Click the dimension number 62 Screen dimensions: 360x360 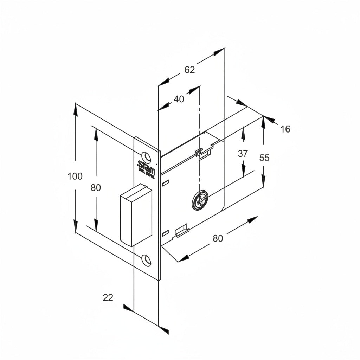point(189,70)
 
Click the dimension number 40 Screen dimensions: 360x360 point(179,99)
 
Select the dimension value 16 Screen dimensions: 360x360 point(285,129)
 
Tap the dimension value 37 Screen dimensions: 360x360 point(243,154)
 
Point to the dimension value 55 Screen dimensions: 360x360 point(264,158)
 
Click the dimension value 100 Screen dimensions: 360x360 point(75,176)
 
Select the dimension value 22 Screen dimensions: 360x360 point(108,298)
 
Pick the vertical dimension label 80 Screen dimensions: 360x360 point(96,188)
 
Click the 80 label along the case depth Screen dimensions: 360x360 point(218,238)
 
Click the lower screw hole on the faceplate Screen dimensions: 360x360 point(146,259)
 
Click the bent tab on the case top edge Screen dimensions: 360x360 point(204,153)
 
